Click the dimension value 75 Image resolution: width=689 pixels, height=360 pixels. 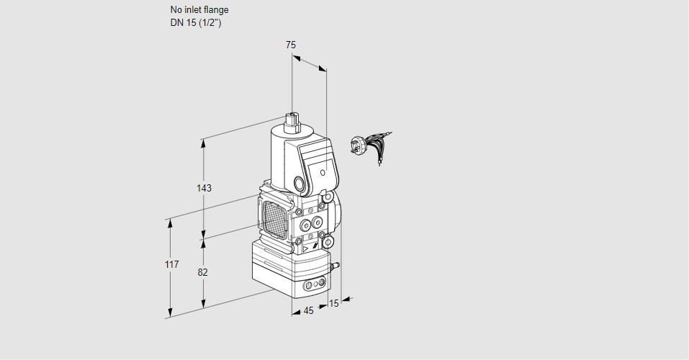(291, 45)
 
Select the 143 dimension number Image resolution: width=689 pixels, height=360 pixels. (204, 188)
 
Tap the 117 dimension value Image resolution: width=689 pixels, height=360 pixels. (172, 264)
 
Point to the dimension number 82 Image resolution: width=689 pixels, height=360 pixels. (202, 273)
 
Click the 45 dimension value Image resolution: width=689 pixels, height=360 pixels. (308, 311)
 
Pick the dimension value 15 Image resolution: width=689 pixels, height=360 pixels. (334, 303)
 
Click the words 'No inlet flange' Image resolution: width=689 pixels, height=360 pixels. (199, 9)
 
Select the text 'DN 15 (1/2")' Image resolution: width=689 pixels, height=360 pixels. (196, 23)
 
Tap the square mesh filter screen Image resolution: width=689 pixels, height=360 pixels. (274, 219)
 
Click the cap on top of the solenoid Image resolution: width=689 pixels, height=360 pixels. (292, 122)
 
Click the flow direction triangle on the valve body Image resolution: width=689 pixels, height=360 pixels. (305, 249)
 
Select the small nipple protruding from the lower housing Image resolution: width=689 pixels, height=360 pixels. (336, 266)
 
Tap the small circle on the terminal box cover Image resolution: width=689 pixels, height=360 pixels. (323, 173)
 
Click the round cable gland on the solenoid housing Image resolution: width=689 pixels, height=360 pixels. (300, 184)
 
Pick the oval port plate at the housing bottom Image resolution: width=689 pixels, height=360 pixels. (315, 284)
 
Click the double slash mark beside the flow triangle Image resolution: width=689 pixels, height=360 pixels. (315, 247)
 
